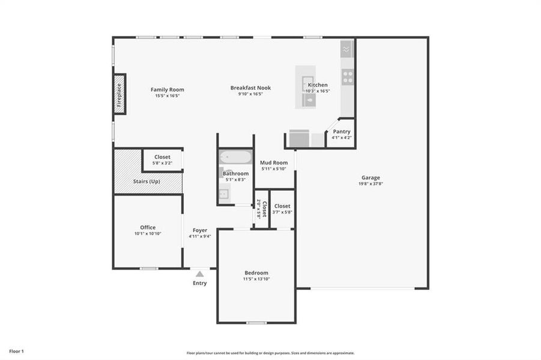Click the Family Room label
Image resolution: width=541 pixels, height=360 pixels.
tap(167, 89)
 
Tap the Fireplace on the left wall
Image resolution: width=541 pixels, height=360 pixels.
tap(119, 94)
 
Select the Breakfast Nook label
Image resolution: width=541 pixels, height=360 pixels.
tap(250, 88)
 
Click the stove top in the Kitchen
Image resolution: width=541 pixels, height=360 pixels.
tap(348, 77)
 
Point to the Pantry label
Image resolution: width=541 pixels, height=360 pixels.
tap(342, 131)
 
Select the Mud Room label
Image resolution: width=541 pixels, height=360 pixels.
tap(273, 163)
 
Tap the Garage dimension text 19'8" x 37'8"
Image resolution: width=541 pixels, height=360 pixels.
tap(370, 184)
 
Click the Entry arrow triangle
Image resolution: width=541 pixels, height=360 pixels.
tap(199, 274)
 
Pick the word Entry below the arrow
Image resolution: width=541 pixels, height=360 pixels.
tap(199, 283)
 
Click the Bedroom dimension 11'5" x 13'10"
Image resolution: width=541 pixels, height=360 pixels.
tap(256, 279)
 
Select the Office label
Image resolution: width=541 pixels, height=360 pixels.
tap(148, 227)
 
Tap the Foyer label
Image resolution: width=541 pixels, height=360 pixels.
tap(200, 230)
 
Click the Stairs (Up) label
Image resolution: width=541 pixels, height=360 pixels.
tap(147, 181)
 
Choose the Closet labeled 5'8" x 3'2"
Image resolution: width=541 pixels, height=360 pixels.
tap(162, 157)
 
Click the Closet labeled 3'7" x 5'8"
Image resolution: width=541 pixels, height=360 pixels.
tap(282, 206)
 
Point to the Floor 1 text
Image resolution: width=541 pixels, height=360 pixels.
tap(16, 351)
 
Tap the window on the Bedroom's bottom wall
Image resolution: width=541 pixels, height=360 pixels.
tap(256, 323)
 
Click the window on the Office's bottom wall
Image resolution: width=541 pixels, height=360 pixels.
tap(149, 268)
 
